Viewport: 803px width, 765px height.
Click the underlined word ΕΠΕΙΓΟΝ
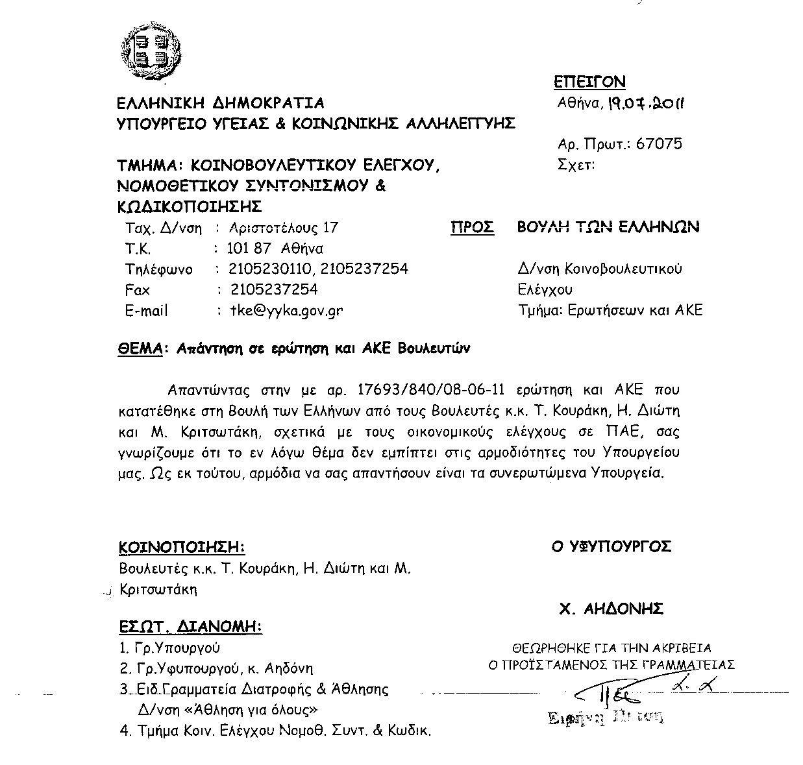coord(589,82)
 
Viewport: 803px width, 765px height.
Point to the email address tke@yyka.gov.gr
coord(286,310)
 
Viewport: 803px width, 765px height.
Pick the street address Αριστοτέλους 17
coord(284,228)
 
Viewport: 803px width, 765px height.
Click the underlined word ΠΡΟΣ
coord(472,227)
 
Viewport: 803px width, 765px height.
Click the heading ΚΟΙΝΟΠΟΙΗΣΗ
coord(182,547)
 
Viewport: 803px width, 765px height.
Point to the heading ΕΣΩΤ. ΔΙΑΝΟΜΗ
coord(190,627)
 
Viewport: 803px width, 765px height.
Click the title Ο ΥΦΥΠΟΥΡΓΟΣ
coord(612,547)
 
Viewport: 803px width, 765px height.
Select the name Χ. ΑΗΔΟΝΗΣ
coord(611,609)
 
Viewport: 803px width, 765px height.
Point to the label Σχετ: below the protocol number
coord(576,165)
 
